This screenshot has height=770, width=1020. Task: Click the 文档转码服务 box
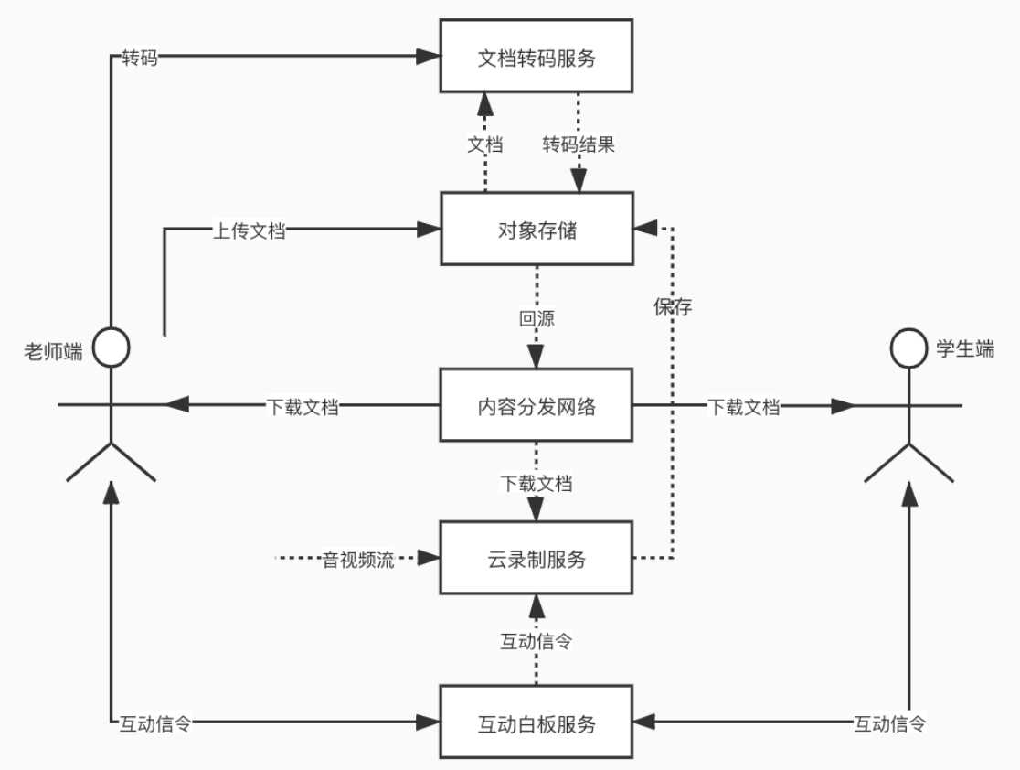[x=537, y=58]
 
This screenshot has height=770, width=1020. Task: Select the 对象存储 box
[x=537, y=230]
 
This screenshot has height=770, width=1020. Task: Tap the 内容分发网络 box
[x=537, y=406]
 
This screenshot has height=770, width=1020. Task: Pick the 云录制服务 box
[x=537, y=559]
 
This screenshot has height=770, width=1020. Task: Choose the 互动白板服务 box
[x=537, y=723]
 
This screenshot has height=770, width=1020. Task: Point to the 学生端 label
[x=965, y=348]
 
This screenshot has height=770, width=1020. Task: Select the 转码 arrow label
[x=140, y=58]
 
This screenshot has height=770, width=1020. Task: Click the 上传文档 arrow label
[x=249, y=231]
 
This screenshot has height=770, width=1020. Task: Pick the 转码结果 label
[x=579, y=145]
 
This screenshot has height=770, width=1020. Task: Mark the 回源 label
[x=537, y=320]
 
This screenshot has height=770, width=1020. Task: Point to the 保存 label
[x=673, y=306]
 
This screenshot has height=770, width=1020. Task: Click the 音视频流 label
[x=358, y=560]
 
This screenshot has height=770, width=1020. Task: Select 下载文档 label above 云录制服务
[x=537, y=483]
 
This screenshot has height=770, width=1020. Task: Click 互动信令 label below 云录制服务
[x=537, y=641]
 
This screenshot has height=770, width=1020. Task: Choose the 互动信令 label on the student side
[x=890, y=724]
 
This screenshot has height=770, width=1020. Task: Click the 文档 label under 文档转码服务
[x=485, y=145]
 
